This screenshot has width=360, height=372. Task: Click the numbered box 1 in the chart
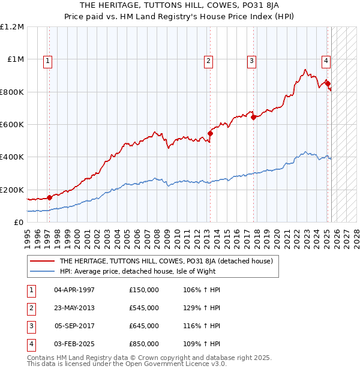(x=47, y=60)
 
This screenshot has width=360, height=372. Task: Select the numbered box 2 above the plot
(x=208, y=60)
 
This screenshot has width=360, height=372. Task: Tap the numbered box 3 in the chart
(x=251, y=60)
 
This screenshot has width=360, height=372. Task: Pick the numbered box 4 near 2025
(x=325, y=60)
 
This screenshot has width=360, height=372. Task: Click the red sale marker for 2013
(x=210, y=133)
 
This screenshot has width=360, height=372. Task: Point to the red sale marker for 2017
(x=253, y=117)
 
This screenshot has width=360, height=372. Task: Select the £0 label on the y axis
(x=18, y=222)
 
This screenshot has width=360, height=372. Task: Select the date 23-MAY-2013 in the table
(x=74, y=308)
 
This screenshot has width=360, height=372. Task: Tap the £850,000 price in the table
(x=144, y=344)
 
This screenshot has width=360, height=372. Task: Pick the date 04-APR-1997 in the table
(x=74, y=290)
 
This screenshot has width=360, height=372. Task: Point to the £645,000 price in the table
(x=144, y=326)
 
